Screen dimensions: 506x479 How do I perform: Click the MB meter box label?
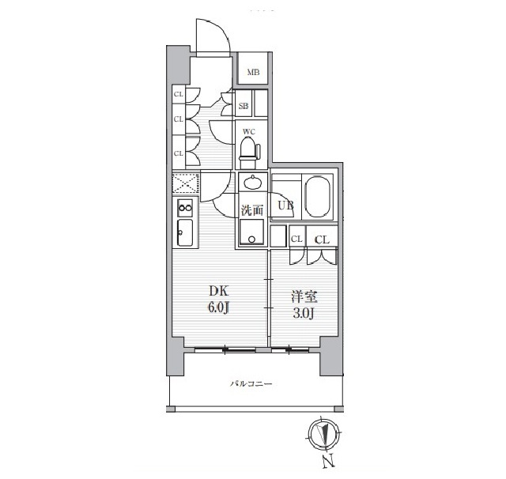(x=253, y=72)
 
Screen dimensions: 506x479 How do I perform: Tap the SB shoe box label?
(x=244, y=105)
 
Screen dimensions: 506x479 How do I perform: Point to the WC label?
(x=249, y=131)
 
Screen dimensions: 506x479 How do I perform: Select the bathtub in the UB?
(x=318, y=197)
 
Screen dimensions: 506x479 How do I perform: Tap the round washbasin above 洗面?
(x=253, y=183)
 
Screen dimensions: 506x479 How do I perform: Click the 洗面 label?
(x=253, y=210)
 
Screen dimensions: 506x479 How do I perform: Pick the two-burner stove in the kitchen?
(x=185, y=208)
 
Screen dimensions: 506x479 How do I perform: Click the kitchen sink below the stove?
(x=185, y=233)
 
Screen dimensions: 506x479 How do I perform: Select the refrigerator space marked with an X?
(x=186, y=183)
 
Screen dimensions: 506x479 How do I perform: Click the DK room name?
(x=218, y=291)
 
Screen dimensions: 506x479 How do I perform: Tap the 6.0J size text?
(x=218, y=307)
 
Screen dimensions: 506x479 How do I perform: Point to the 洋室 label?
(x=304, y=296)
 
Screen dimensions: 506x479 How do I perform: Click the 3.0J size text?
(x=304, y=313)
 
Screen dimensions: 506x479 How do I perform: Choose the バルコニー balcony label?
(x=251, y=384)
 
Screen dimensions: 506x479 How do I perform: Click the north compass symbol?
(x=323, y=433)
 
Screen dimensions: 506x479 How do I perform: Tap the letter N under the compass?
(x=328, y=461)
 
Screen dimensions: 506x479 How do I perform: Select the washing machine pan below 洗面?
(x=251, y=232)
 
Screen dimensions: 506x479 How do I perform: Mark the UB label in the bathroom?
(x=286, y=206)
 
